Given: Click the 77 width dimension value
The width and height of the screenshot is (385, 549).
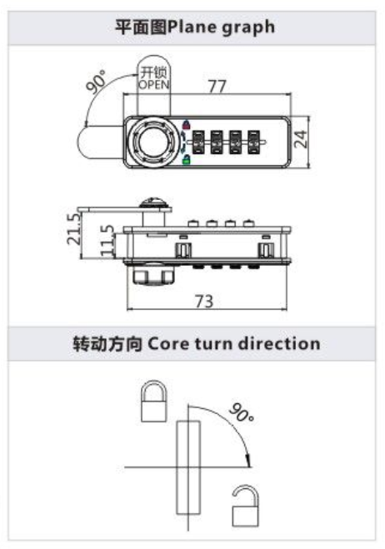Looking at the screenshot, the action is click(x=217, y=86).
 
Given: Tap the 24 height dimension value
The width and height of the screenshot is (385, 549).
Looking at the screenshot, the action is click(x=301, y=139).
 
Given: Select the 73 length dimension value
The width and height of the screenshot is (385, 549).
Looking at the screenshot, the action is click(x=204, y=301).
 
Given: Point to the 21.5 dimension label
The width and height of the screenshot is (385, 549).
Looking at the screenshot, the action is click(x=74, y=228).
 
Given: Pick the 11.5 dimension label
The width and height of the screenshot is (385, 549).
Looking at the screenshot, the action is click(x=107, y=240).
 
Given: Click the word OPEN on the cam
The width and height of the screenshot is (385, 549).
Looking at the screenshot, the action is click(x=154, y=84).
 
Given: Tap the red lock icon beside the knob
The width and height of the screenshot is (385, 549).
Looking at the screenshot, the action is click(x=187, y=124).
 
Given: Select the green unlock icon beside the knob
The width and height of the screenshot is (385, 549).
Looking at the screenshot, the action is click(x=187, y=160).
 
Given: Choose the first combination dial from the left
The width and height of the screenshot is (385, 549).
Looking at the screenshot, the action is click(x=197, y=142).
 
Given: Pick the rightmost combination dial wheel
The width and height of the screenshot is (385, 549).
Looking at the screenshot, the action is click(x=253, y=142).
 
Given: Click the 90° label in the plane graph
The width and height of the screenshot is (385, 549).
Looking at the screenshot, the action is click(x=96, y=82).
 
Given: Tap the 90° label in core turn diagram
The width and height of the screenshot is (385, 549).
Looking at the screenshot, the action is click(x=242, y=412).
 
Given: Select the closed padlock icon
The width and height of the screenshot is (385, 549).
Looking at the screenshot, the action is click(x=154, y=402).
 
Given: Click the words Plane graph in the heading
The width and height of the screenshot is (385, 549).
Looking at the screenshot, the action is click(x=221, y=27).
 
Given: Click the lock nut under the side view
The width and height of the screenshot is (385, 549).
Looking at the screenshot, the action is click(x=154, y=275).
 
